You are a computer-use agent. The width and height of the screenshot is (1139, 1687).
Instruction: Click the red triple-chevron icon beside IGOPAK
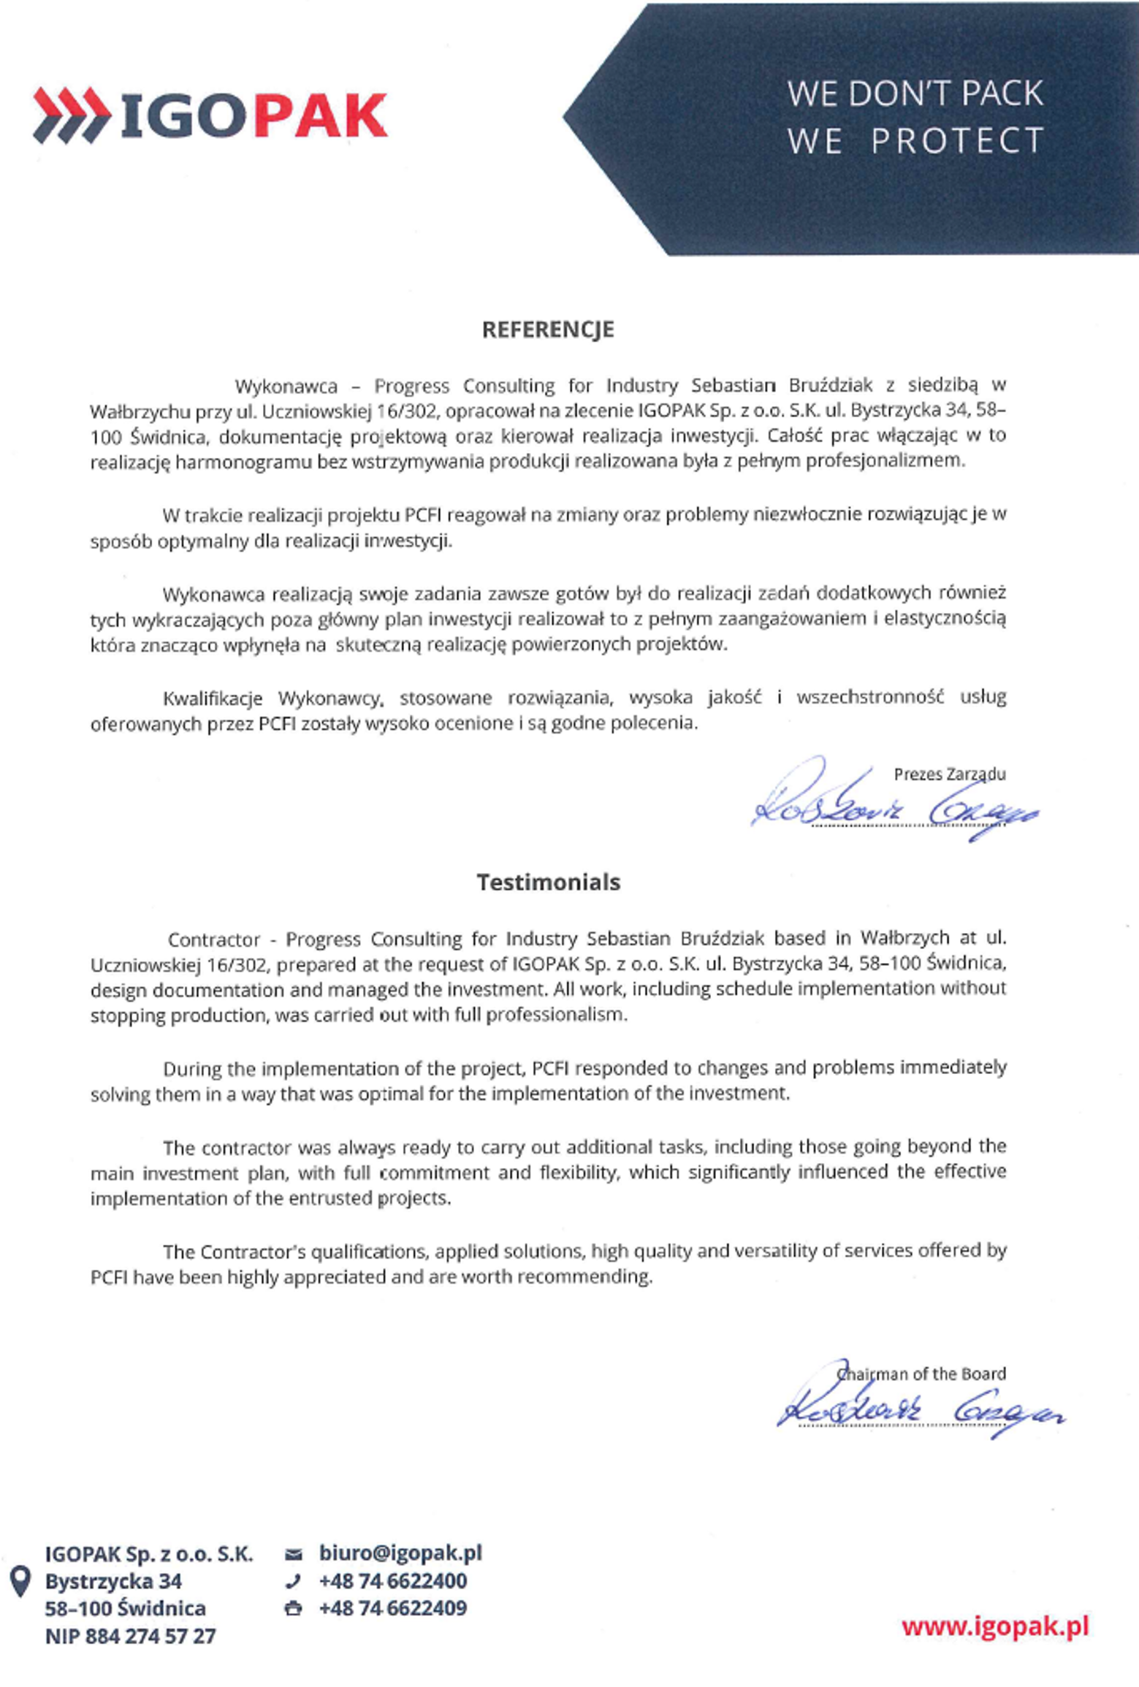[x=71, y=115]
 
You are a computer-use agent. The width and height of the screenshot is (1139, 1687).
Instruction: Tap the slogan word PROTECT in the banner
[x=957, y=141]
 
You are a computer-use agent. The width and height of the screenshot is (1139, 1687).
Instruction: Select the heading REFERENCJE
[x=548, y=330]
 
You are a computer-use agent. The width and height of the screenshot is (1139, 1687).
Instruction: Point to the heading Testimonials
[x=548, y=883]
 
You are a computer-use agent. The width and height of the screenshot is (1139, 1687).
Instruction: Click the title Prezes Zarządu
[x=949, y=774]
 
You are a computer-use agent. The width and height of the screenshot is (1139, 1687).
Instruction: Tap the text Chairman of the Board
[x=922, y=1374]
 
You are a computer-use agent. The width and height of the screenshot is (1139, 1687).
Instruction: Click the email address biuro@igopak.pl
[x=400, y=1552]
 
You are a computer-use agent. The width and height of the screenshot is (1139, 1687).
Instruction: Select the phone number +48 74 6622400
[x=393, y=1581]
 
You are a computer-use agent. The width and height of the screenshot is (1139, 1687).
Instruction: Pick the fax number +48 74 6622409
[x=393, y=1608]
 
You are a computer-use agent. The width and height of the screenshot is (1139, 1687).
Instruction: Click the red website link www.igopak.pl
[x=995, y=1626]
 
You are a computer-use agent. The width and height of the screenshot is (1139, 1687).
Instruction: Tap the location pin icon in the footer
[x=20, y=1581]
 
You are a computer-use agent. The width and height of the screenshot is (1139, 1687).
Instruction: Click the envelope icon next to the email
[x=293, y=1554]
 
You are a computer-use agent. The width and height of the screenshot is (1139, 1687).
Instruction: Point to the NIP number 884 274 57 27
[x=151, y=1636]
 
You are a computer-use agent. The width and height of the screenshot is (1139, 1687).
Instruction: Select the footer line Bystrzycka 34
[x=113, y=1581]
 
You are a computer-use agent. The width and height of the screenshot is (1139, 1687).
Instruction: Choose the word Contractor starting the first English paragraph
[x=213, y=939]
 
